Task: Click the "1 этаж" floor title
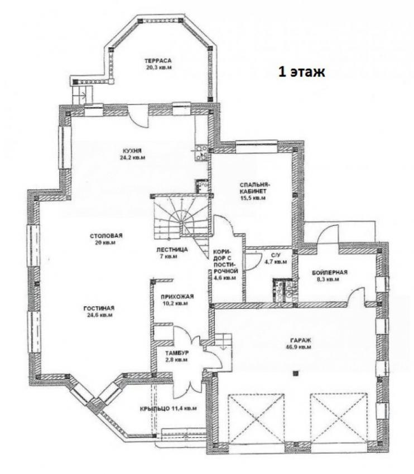tap(301, 72)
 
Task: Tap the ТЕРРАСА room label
tap(158, 61)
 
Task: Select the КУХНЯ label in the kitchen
tap(132, 151)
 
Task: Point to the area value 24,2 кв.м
tap(132, 157)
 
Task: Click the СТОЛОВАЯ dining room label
tap(106, 236)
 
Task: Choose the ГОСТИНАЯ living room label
tap(99, 308)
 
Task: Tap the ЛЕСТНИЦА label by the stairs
tap(172, 250)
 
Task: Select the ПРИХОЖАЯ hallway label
tap(177, 297)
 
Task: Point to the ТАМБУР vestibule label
tap(177, 353)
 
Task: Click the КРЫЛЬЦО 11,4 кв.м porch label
tap(169, 408)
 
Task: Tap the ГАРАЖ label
tap(298, 340)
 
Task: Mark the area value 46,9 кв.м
tap(298, 347)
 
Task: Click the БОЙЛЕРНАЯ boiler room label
tap(330, 272)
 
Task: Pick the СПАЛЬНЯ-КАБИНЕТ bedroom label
tap(254, 188)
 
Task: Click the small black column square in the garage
tap(296, 373)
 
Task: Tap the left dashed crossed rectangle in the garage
tap(256, 418)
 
